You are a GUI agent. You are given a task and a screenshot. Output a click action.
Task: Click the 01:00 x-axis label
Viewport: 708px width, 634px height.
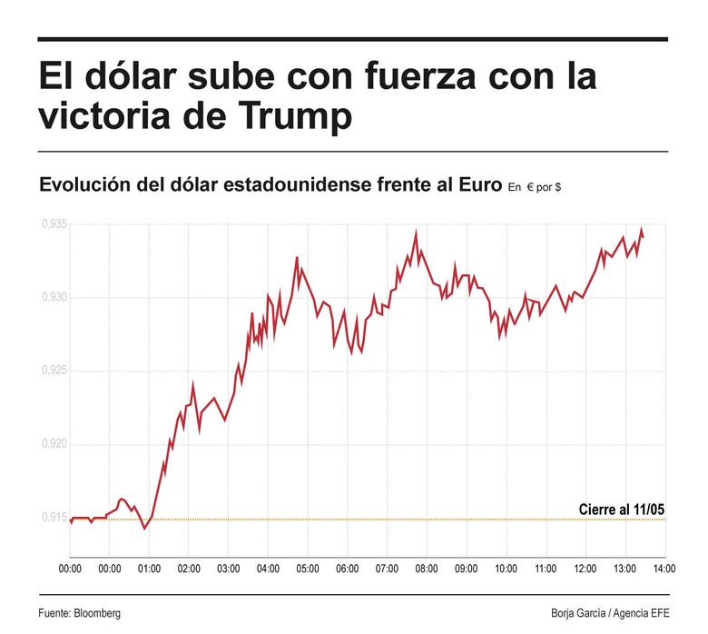[149, 569]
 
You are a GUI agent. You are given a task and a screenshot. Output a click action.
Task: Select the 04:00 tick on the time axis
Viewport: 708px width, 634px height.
[268, 569]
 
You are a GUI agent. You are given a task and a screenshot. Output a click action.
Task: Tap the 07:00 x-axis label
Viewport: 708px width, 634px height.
[387, 569]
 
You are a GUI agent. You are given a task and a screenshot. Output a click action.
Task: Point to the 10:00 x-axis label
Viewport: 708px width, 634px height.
[506, 569]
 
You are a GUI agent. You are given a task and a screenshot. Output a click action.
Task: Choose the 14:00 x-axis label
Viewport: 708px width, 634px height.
[664, 569]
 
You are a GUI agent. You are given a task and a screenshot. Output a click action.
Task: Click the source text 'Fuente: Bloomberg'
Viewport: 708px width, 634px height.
[79, 613]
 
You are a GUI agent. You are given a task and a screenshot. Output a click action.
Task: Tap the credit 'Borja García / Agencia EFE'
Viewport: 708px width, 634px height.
[609, 613]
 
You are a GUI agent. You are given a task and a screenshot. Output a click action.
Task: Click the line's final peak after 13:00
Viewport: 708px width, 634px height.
[641, 229]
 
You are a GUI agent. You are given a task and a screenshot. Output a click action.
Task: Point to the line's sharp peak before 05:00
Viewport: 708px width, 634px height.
[297, 257]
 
